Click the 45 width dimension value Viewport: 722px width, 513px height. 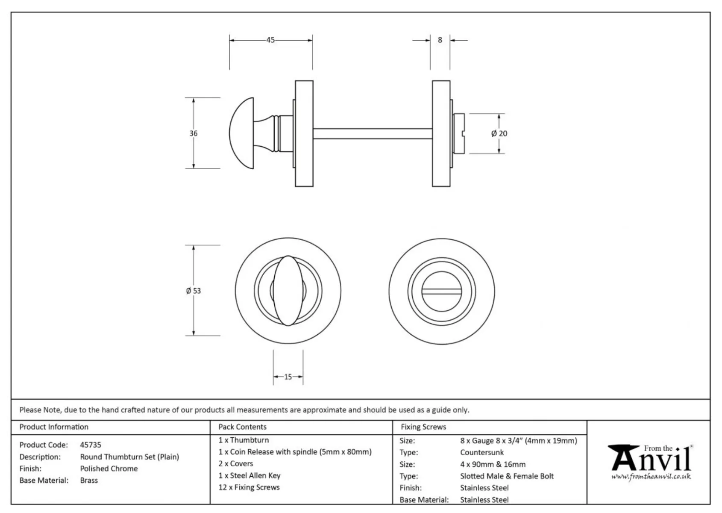pos(270,40)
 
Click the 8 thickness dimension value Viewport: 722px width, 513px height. pos(440,40)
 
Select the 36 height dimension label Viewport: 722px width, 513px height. pos(194,133)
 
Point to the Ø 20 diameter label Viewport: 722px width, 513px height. pos(499,134)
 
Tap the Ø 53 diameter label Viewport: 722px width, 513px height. pos(194,291)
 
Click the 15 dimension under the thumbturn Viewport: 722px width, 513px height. pos(288,377)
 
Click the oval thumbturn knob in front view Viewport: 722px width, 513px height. pos(288,291)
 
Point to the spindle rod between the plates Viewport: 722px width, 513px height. pos(372,133)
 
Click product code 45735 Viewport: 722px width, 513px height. pos(91,445)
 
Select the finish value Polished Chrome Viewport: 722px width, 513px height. pos(109,469)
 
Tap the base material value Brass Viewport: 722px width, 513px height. pos(89,481)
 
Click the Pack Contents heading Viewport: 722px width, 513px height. pos(242,427)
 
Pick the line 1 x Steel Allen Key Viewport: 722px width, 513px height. pos(249,475)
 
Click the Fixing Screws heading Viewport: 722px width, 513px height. pos(423,427)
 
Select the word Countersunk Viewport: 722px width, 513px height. pos(482,452)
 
